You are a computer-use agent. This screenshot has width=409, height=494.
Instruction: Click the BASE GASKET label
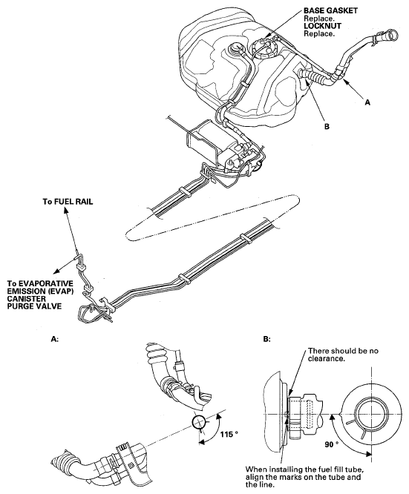tap(330, 10)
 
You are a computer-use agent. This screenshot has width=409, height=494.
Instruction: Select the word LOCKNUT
tap(322, 26)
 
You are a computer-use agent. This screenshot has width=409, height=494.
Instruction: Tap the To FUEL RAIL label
tap(68, 202)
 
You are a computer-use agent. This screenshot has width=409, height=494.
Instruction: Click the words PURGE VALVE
tap(34, 306)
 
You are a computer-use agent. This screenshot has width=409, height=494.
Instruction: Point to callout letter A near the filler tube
tap(367, 102)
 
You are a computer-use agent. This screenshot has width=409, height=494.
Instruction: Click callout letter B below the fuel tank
tap(327, 127)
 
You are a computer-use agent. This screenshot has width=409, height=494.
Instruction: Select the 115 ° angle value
tap(229, 435)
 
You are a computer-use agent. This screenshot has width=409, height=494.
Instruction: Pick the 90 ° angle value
tap(331, 444)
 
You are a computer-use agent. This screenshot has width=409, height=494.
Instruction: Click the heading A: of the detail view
tap(54, 339)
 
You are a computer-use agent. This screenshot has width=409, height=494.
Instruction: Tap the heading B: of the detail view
tap(266, 339)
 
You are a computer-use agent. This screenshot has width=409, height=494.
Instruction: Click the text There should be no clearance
tap(343, 355)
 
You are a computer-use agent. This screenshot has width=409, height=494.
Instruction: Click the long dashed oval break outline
tap(212, 217)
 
